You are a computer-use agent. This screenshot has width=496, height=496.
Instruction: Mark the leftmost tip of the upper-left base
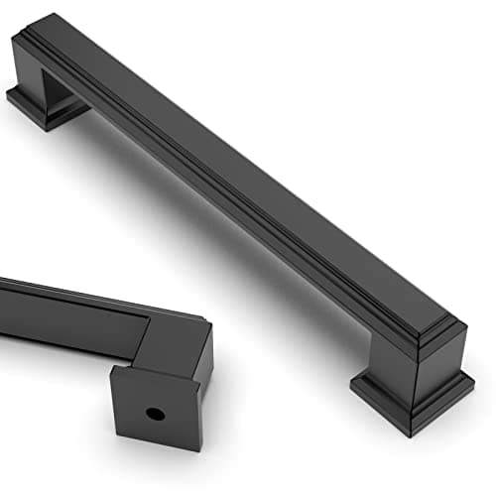[8, 95]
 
